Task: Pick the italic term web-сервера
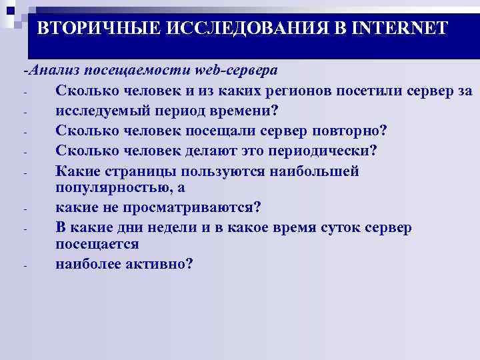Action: point(237,70)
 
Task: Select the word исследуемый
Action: point(103,111)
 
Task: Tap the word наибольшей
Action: point(314,171)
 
